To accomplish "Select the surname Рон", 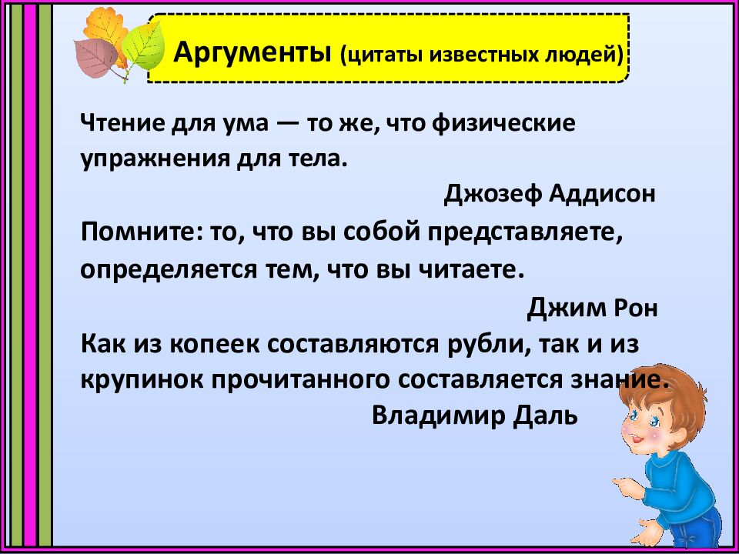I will tap(637, 309).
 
